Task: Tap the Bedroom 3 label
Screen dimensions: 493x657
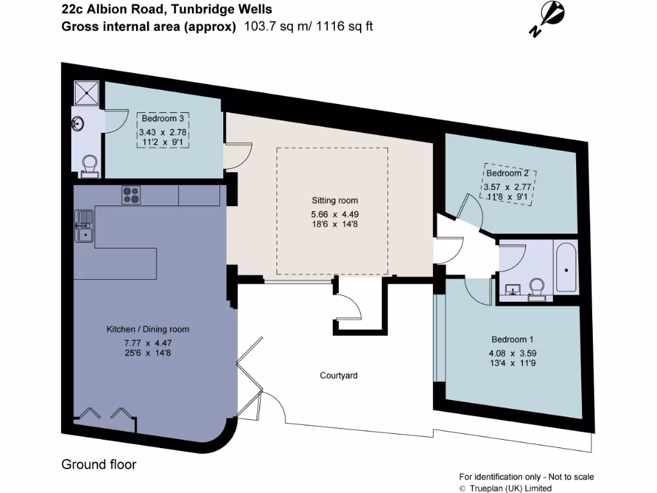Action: (163, 119)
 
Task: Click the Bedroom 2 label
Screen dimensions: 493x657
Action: (508, 173)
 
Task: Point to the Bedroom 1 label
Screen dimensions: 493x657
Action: (512, 339)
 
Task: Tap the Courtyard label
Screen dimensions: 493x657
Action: (339, 375)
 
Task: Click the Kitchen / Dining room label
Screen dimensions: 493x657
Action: (148, 329)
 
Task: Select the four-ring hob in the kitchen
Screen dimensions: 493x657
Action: (131, 195)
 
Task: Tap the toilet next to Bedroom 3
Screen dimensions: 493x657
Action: (89, 164)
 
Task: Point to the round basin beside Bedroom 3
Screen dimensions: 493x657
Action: (78, 122)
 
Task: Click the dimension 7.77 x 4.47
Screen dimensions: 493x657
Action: (148, 342)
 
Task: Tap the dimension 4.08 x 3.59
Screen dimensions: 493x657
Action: (512, 352)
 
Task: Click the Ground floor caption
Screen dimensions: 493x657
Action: (99, 464)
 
